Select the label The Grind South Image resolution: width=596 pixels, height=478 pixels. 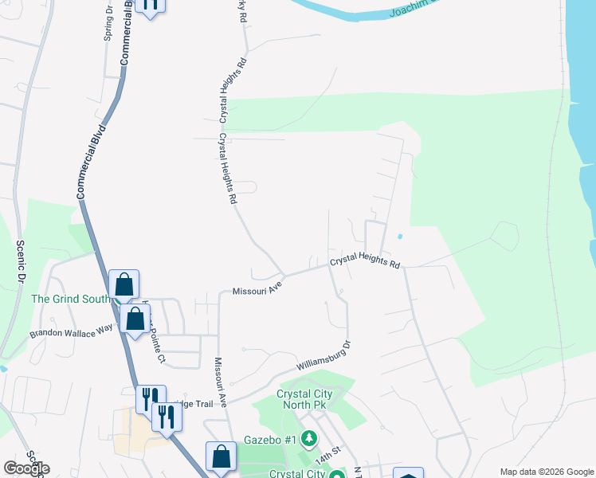click(x=69, y=300)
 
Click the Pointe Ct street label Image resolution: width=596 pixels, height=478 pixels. click(x=157, y=348)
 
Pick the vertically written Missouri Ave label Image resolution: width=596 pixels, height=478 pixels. click(x=221, y=382)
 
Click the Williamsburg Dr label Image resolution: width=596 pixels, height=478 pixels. click(x=324, y=356)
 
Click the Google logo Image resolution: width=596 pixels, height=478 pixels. click(x=26, y=468)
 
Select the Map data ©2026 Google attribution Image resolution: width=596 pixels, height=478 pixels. click(x=547, y=472)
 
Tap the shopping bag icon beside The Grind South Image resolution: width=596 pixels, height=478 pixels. click(x=124, y=284)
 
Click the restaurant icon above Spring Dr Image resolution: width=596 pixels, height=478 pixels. click(x=149, y=4)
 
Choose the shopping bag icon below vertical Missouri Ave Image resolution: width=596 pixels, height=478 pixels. click(x=222, y=456)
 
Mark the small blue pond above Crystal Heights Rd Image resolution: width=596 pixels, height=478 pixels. click(x=398, y=237)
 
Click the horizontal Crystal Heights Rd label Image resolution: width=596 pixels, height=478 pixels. click(x=364, y=261)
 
